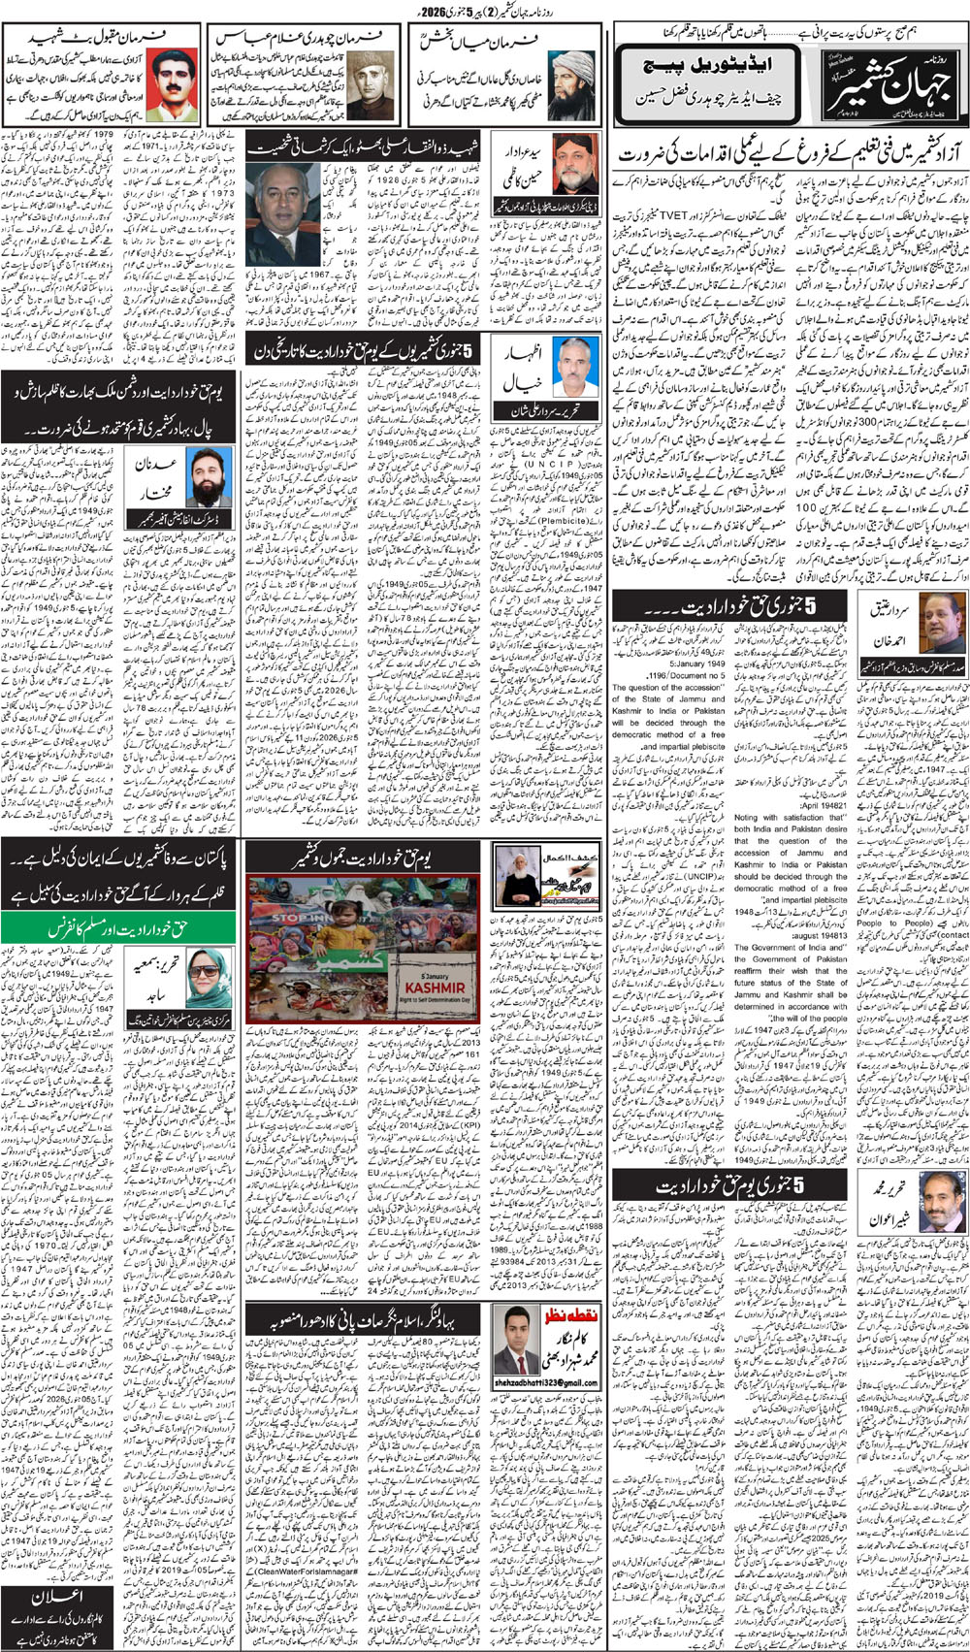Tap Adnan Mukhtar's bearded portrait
tap(210, 475)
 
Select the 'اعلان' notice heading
tap(60, 1599)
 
